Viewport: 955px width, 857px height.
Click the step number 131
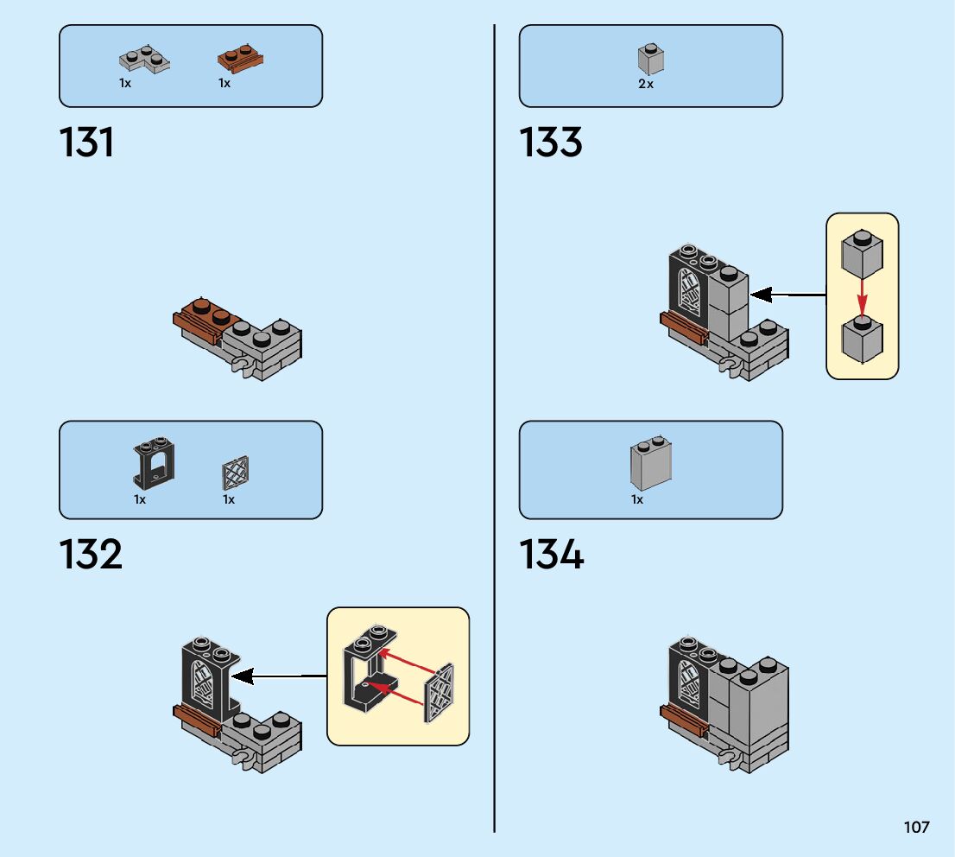click(86, 143)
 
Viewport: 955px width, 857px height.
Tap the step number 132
click(91, 555)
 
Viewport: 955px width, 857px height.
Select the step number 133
click(550, 143)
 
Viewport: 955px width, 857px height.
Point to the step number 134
click(551, 555)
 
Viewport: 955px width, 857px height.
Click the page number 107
click(916, 827)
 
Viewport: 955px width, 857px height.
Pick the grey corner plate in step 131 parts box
click(142, 60)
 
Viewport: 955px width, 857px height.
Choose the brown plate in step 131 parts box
click(239, 60)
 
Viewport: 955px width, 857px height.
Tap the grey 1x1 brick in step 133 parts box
click(650, 59)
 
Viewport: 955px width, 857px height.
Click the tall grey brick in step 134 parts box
click(651, 465)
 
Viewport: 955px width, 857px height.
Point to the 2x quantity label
click(646, 85)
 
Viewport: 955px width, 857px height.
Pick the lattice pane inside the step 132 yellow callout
click(440, 692)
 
